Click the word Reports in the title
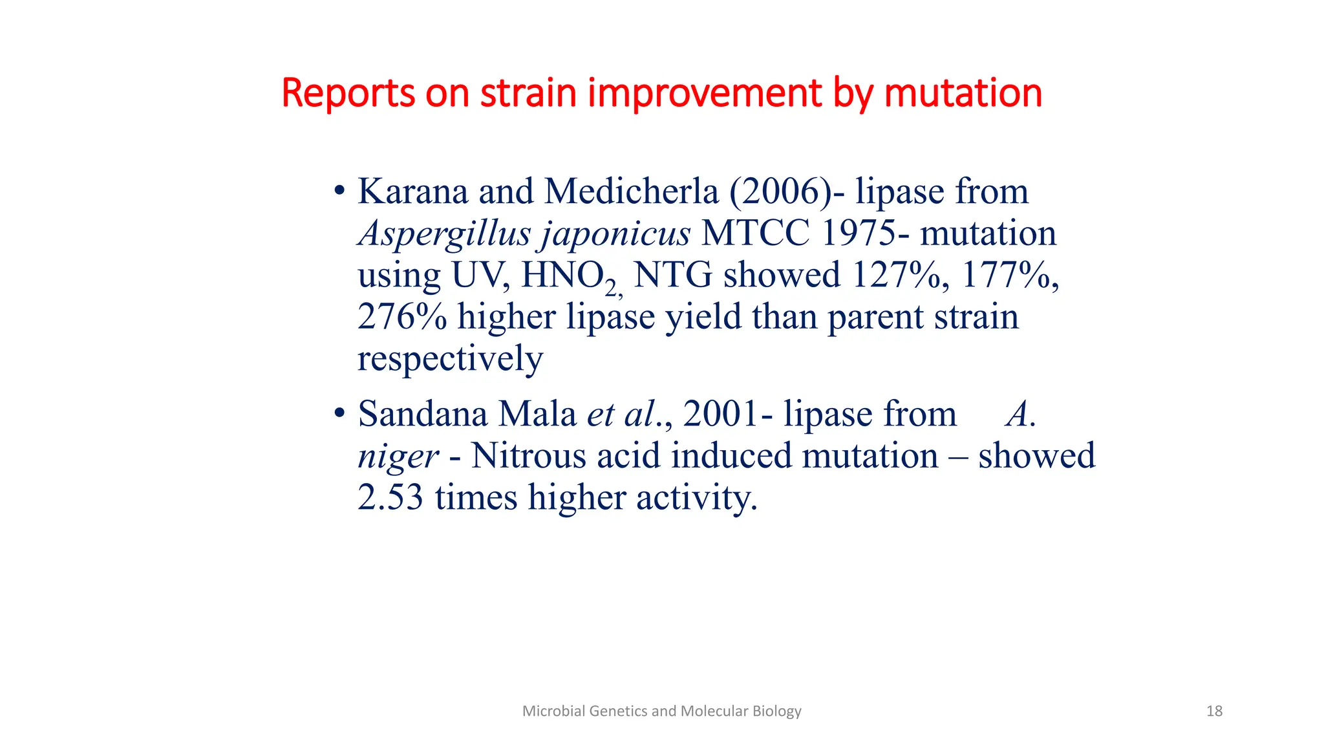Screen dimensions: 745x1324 [x=347, y=93]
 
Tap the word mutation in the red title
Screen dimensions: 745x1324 [x=963, y=93]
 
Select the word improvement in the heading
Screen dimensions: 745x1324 [x=705, y=93]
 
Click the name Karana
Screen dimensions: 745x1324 [x=412, y=192]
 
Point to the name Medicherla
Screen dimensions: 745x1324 [x=631, y=192]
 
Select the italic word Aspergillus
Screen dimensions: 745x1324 [x=444, y=234]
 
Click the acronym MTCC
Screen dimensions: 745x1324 [x=755, y=233]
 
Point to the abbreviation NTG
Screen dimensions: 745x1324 [x=672, y=275]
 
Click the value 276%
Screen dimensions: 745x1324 [x=401, y=318]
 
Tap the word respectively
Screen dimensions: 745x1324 [x=450, y=360]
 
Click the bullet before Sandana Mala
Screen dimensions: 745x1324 [x=339, y=414]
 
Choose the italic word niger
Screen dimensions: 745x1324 [x=398, y=457]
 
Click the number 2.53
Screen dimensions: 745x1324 [x=390, y=498]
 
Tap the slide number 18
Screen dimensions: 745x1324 [x=1214, y=711]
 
